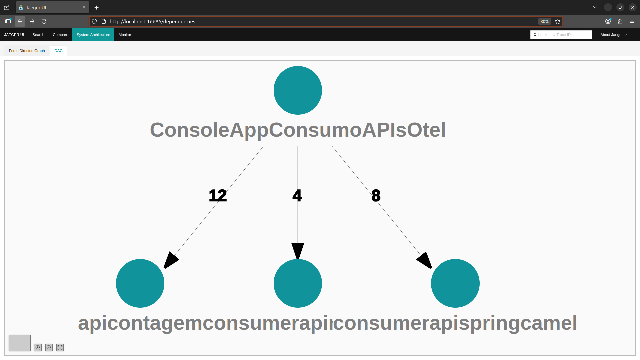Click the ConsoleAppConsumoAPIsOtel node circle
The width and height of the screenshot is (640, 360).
(298, 90)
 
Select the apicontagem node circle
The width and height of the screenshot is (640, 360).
(140, 283)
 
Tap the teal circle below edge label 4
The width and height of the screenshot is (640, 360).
(298, 283)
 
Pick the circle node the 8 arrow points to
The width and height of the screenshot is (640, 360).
(455, 283)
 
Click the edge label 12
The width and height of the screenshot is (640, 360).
(218, 196)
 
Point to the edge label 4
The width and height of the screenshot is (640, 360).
(297, 196)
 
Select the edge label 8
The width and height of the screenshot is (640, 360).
(376, 196)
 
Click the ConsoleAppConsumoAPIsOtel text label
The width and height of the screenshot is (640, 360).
(298, 130)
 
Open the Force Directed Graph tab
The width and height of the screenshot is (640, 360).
(27, 51)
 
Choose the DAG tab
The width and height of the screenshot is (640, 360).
(59, 51)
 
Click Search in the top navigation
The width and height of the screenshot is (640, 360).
(38, 35)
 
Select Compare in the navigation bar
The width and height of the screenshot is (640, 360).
(60, 35)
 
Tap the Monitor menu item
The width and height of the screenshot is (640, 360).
(125, 35)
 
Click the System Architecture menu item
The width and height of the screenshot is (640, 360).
(93, 35)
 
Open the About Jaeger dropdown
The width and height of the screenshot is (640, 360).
(613, 35)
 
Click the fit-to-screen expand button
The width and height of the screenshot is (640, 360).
(60, 348)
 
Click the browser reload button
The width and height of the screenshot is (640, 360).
(44, 21)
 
